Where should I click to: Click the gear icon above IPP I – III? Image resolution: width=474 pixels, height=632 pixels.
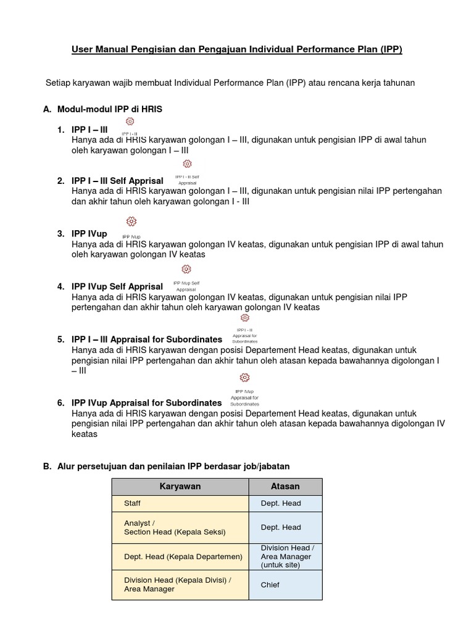[x=130, y=122]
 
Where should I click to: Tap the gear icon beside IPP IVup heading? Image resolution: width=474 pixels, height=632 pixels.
[x=131, y=222]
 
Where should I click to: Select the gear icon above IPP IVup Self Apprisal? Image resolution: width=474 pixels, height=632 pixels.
[x=186, y=269]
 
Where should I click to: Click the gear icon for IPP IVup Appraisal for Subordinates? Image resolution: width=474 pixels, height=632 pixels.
[x=245, y=378]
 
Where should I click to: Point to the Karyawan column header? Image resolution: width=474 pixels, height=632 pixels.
[x=180, y=486]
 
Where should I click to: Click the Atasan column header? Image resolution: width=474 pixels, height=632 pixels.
[x=285, y=486]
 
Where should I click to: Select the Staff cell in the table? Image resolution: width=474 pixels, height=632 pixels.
[x=180, y=504]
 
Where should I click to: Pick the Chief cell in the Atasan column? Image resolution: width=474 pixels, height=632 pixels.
[x=285, y=584]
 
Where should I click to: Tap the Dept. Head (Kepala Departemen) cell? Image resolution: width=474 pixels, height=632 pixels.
[x=180, y=557]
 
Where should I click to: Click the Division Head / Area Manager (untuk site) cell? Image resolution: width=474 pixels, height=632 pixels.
[x=285, y=557]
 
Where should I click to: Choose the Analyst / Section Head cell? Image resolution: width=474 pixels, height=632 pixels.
[x=180, y=528]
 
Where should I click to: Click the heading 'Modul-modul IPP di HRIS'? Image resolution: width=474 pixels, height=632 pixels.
[x=110, y=109]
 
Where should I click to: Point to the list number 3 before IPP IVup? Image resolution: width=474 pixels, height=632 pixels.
[x=61, y=234]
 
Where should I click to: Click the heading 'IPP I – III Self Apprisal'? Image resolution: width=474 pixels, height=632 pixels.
[x=117, y=181]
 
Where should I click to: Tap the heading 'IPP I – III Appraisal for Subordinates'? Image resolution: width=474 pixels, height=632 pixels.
[x=147, y=339]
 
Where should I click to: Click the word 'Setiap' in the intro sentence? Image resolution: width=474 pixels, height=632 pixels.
[x=59, y=83]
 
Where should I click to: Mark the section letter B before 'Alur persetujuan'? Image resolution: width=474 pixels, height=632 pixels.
[x=46, y=467]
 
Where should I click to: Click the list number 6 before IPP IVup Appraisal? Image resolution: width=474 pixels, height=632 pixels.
[x=61, y=403]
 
